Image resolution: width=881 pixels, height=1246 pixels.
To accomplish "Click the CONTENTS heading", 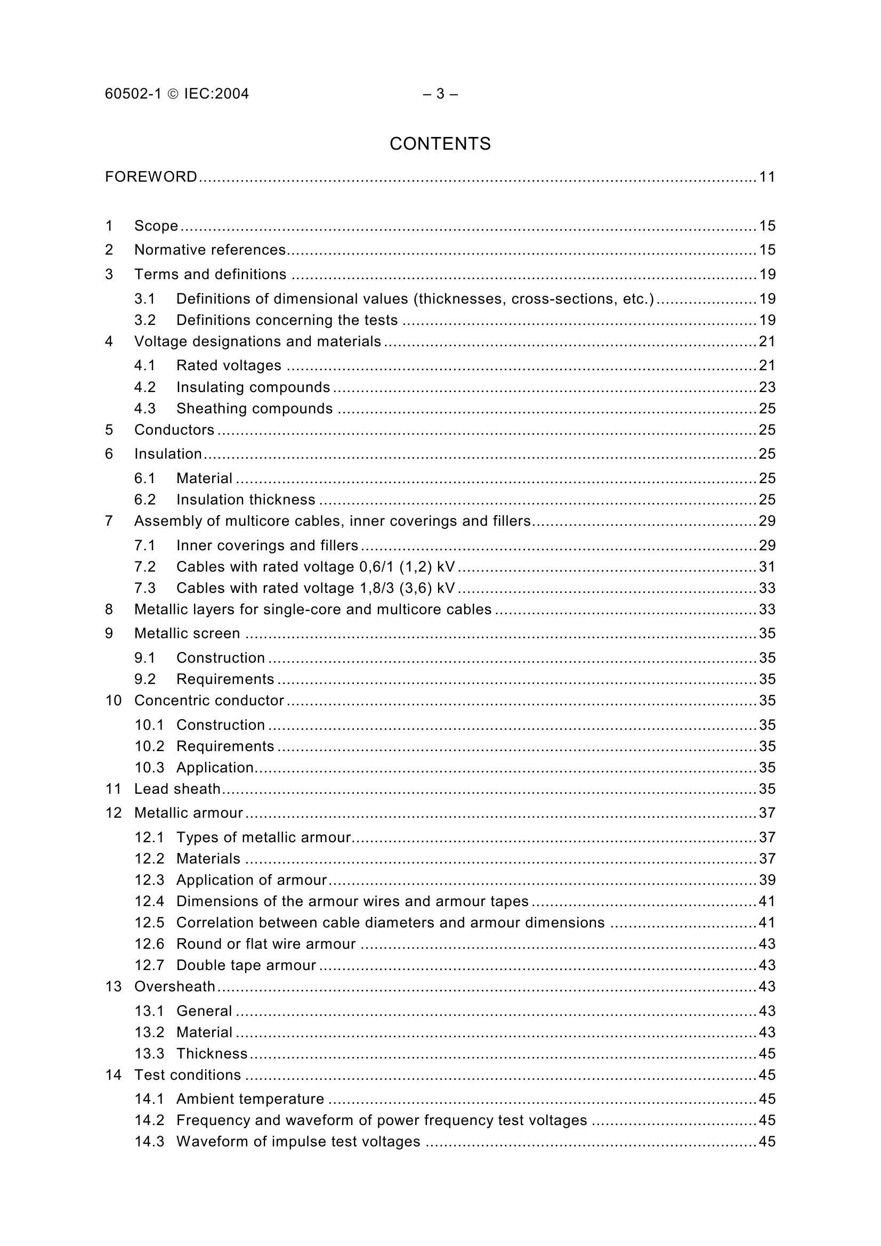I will pyautogui.click(x=440, y=144).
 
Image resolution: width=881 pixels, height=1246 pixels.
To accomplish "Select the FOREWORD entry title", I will pyautogui.click(x=151, y=177).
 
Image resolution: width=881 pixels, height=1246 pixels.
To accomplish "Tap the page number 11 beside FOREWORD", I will pyautogui.click(x=767, y=177).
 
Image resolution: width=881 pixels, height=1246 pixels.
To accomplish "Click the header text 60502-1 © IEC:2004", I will pyautogui.click(x=177, y=94).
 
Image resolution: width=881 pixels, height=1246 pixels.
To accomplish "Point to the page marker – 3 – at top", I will pyautogui.click(x=440, y=94).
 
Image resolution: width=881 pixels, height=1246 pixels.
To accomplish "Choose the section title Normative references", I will pyautogui.click(x=210, y=250).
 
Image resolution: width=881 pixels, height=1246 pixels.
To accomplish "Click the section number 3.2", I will pyautogui.click(x=145, y=320).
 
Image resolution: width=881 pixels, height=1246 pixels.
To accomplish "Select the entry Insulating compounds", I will pyautogui.click(x=253, y=387).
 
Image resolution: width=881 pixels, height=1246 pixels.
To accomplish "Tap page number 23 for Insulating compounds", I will pyautogui.click(x=767, y=387).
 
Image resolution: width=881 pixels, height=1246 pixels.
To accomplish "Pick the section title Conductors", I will pyautogui.click(x=174, y=430).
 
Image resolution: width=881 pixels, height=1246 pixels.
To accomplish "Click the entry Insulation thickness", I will pyautogui.click(x=245, y=500).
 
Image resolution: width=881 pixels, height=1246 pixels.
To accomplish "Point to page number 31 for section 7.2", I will pyautogui.click(x=767, y=567).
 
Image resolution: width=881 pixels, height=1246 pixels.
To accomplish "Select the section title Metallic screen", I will pyautogui.click(x=187, y=633).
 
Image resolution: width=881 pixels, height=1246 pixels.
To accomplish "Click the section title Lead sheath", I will pyautogui.click(x=177, y=788).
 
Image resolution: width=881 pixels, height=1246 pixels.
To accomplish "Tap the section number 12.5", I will pyautogui.click(x=149, y=923).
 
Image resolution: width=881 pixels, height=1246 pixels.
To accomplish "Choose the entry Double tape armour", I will pyautogui.click(x=246, y=965).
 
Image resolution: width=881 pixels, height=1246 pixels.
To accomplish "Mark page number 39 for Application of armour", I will pyautogui.click(x=767, y=879).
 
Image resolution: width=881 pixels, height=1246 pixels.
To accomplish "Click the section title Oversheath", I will pyautogui.click(x=175, y=986).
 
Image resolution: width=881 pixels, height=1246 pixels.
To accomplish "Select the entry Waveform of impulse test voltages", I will pyautogui.click(x=298, y=1141).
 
